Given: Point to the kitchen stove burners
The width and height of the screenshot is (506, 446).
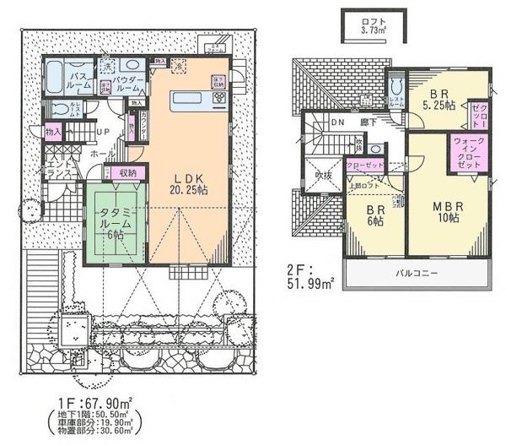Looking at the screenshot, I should point(219,99).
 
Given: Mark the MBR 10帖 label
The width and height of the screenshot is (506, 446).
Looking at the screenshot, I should point(441,211).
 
